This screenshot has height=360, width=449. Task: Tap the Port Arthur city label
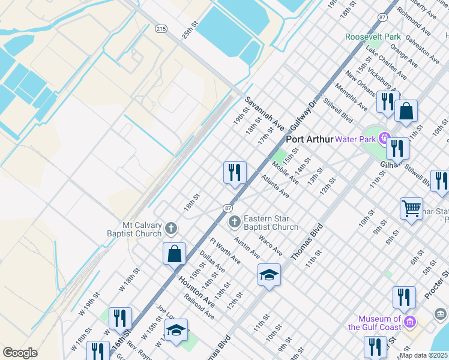(309, 139)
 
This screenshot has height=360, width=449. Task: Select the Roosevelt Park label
(373, 37)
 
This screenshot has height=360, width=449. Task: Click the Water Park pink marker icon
(384, 139)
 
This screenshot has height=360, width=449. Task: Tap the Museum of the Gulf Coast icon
(410, 322)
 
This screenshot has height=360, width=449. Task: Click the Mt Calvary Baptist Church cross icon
(171, 228)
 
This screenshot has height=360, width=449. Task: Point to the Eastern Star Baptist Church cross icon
(235, 222)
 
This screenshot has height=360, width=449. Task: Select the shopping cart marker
(411, 209)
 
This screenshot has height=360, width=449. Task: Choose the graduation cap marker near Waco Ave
(270, 275)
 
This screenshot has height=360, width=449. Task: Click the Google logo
(20, 353)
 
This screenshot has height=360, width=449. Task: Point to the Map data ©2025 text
(423, 355)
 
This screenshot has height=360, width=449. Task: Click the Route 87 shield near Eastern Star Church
(228, 207)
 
